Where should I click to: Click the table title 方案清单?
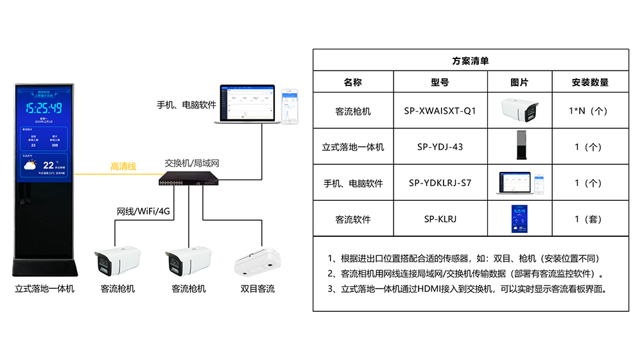[x=470, y=61]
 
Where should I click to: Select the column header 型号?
[x=440, y=82]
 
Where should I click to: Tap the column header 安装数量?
[x=589, y=82]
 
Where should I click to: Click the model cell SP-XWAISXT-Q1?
[x=440, y=111]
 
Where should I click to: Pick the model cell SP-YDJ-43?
[x=440, y=147]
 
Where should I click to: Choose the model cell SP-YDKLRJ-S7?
[x=440, y=183]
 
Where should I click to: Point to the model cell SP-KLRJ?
[x=440, y=219]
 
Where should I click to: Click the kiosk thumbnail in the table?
[x=519, y=146]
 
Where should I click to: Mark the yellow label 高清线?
[x=123, y=166]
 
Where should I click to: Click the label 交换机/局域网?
[x=192, y=163]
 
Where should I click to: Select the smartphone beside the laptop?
[x=292, y=106]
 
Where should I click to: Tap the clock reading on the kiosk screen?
[x=44, y=108]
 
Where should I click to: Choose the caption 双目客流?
[x=257, y=289]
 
